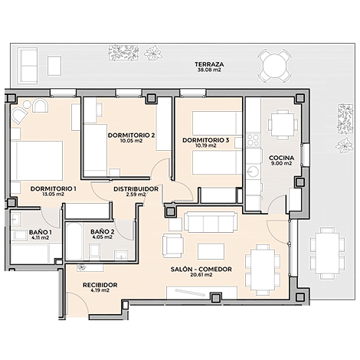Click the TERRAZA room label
[209, 64]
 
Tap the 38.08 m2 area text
[209, 70]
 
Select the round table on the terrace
[274, 66]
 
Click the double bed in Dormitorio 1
[37, 161]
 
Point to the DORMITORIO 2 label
[131, 136]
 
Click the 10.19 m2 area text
[206, 146]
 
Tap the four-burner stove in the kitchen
[253, 140]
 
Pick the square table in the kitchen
[283, 125]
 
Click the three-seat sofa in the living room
[211, 222]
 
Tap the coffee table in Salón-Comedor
[211, 251]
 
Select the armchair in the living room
[173, 246]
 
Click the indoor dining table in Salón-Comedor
[263, 270]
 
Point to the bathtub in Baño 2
[74, 241]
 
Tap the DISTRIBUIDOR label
[136, 189]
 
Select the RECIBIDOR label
[100, 285]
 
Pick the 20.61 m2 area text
[201, 275]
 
